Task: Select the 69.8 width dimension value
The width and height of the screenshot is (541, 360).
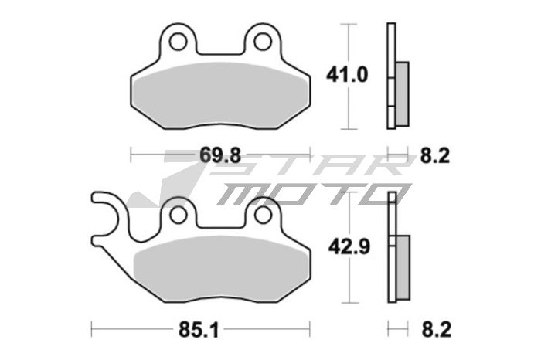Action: click(x=217, y=155)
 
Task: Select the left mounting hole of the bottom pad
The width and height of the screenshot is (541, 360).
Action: click(x=178, y=212)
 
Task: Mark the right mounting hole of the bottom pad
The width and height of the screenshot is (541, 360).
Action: click(x=263, y=212)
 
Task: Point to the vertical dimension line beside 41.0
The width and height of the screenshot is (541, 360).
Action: click(x=352, y=75)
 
